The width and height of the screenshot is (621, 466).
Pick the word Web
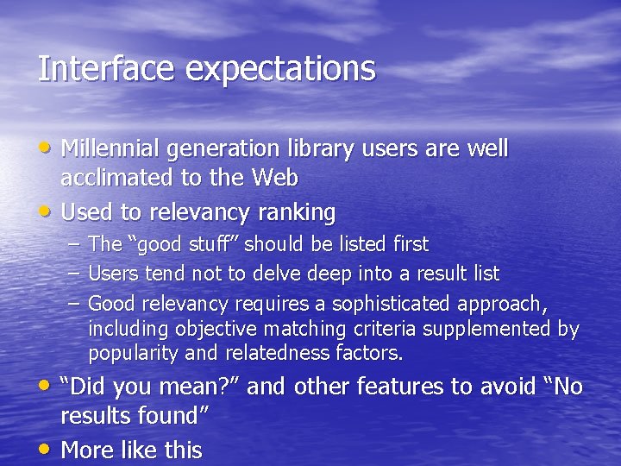[x=275, y=179]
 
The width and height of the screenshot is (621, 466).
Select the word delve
[x=275, y=274]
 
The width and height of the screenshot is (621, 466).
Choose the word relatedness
[x=276, y=354]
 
